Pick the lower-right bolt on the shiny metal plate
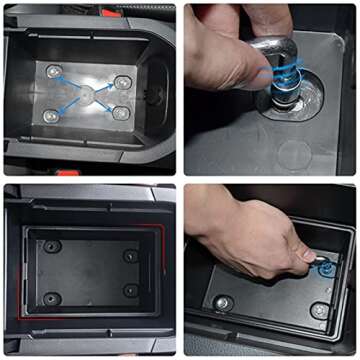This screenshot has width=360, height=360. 121,114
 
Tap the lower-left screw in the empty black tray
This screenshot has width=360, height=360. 51,298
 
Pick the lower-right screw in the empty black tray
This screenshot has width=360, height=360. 131,291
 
